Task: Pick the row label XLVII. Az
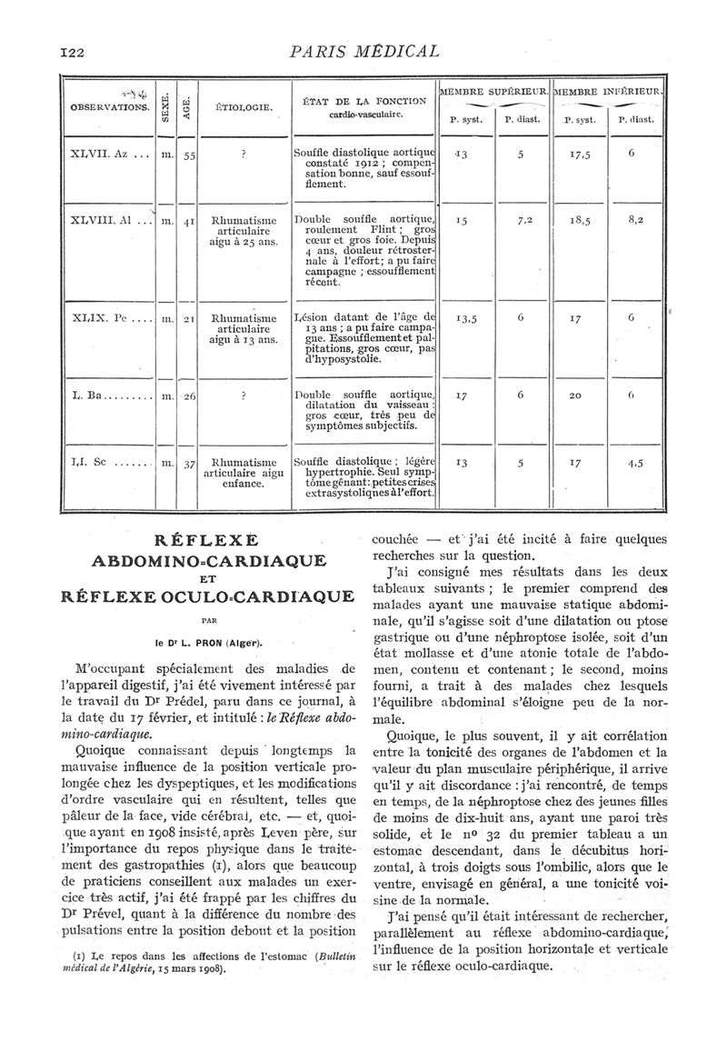(x=102, y=155)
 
